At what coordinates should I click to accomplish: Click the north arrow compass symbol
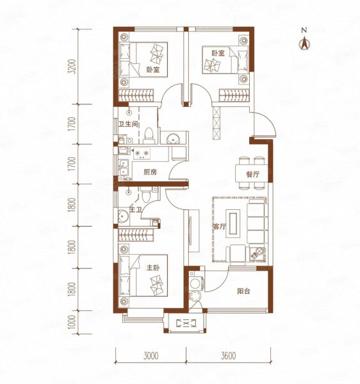tap(305, 43)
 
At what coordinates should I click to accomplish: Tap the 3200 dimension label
tap(72, 67)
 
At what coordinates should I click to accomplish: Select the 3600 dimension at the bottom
tap(228, 355)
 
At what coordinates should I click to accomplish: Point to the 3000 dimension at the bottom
tap(151, 355)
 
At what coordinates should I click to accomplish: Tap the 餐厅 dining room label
tap(252, 175)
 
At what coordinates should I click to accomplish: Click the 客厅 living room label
tap(219, 227)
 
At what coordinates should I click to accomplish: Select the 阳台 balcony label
tap(243, 291)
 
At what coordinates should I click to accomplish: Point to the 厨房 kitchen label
tap(150, 172)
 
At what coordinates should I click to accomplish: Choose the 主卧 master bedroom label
tap(153, 268)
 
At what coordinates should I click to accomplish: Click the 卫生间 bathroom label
tap(128, 124)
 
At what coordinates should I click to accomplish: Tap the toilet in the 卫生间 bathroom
tap(149, 136)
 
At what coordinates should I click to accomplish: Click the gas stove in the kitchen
tap(142, 154)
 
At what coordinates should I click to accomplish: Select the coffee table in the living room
tap(233, 223)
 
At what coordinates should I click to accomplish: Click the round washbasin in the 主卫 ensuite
tap(123, 216)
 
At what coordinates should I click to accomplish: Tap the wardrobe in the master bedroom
tap(136, 235)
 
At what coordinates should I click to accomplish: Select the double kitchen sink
tap(123, 167)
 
